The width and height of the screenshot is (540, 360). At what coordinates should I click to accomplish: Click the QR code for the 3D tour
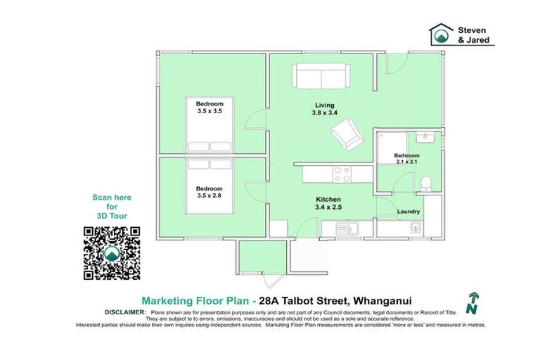point(112,253)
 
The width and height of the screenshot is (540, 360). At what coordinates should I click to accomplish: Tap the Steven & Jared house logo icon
point(442,34)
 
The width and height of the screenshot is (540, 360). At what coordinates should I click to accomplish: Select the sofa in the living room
point(321,76)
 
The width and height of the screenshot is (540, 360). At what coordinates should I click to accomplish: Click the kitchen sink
point(345,227)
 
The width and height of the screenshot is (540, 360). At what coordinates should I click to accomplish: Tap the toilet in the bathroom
point(425,184)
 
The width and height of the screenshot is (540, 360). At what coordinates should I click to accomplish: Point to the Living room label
point(324,105)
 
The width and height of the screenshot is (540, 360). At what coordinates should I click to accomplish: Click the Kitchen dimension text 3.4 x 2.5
point(328,207)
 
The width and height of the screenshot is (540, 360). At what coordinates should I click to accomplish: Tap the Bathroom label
point(406,155)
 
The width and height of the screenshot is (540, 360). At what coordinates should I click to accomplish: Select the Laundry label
point(409,212)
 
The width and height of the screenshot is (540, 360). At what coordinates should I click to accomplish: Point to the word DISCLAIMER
point(125,310)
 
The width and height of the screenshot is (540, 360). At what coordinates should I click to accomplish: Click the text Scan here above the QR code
point(112,198)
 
